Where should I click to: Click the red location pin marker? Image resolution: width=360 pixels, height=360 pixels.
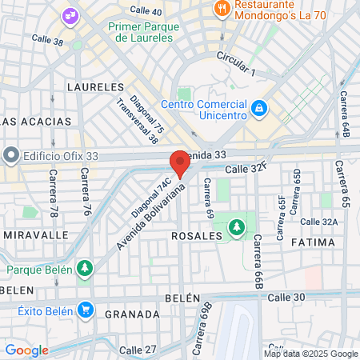180,164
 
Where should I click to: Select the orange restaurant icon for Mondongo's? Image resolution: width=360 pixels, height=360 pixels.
222,10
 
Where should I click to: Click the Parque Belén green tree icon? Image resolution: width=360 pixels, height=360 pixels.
84,269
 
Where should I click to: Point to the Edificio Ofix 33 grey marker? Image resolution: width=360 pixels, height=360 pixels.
11,154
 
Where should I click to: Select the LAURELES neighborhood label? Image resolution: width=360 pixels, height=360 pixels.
96,86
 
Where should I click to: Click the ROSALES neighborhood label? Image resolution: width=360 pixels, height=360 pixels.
196,237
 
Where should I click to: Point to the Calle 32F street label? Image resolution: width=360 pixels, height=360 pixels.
245,170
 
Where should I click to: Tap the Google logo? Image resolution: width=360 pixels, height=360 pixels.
26,350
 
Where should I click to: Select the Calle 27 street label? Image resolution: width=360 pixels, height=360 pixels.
138,350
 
